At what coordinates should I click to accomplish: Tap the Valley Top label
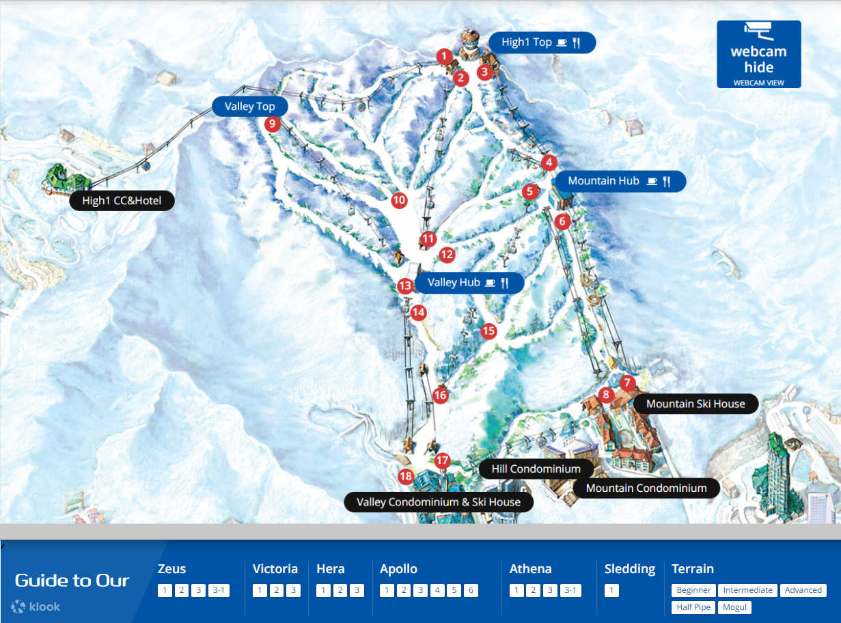click(249, 107)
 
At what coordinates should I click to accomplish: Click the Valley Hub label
click(469, 283)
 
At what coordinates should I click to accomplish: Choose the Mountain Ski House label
click(695, 404)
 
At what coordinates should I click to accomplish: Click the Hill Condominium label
click(536, 469)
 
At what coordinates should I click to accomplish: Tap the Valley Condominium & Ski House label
click(438, 502)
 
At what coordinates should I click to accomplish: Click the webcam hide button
click(758, 55)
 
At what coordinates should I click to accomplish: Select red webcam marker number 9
click(272, 124)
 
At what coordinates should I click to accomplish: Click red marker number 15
click(488, 331)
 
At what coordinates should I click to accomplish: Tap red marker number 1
click(444, 55)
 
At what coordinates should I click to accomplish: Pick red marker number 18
click(406, 476)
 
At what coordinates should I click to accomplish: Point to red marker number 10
click(399, 200)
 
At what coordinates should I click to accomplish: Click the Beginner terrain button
click(693, 590)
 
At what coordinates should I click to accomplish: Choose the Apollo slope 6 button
click(470, 591)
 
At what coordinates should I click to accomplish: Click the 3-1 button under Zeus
click(219, 591)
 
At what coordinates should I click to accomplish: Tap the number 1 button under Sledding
click(611, 591)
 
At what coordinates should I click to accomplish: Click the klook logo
click(36, 607)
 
